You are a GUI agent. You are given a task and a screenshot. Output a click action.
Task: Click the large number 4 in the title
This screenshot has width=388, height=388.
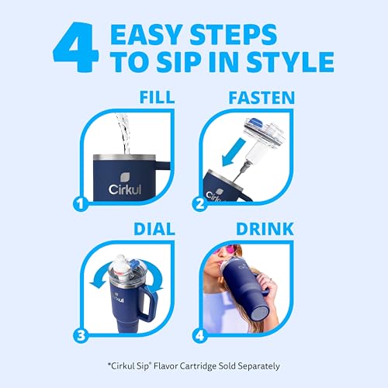click(76, 47)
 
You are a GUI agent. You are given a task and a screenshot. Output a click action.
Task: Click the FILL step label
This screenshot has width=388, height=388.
click(157, 97)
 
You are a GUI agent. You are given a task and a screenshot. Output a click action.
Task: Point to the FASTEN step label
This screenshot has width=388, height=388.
click(262, 98)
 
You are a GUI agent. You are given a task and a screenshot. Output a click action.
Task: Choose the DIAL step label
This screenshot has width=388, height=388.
click(154, 229)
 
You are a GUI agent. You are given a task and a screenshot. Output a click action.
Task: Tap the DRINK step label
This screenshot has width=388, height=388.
click(265, 229)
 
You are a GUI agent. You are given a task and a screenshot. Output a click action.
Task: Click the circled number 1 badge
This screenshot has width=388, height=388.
click(81, 204)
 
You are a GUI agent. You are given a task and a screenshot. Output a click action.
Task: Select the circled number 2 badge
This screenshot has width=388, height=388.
click(200, 204)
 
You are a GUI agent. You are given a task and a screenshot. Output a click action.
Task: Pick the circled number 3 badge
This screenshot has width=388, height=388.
click(81, 336)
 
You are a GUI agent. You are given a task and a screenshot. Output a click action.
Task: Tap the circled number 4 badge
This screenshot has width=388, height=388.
click(200, 336)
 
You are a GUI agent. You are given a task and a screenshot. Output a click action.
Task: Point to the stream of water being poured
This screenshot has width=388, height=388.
click(124, 134)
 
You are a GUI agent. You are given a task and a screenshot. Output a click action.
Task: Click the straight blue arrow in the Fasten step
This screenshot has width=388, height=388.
click(234, 152)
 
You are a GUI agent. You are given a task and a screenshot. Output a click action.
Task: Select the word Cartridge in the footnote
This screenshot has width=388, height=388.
click(198, 366)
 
